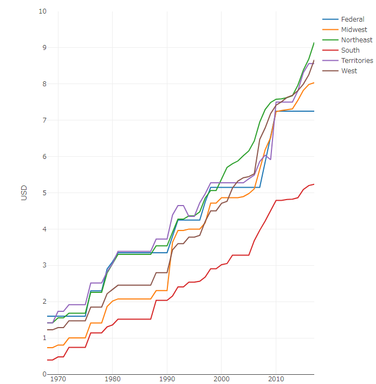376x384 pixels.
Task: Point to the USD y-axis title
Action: point(24,193)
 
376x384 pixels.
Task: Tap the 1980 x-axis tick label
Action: point(113,379)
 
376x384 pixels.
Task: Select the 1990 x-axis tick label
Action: point(167,379)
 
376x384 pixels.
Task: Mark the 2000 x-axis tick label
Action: point(222,379)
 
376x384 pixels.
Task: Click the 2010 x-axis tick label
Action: point(276,379)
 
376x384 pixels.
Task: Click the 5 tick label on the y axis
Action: point(44,193)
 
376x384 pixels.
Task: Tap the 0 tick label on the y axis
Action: point(44,374)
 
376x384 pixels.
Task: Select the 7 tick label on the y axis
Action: point(44,120)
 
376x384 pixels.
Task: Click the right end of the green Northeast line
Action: point(314,42)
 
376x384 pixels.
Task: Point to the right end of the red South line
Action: point(314,184)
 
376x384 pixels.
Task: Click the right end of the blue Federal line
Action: point(314,111)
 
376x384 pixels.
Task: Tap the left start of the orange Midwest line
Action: point(48,348)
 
